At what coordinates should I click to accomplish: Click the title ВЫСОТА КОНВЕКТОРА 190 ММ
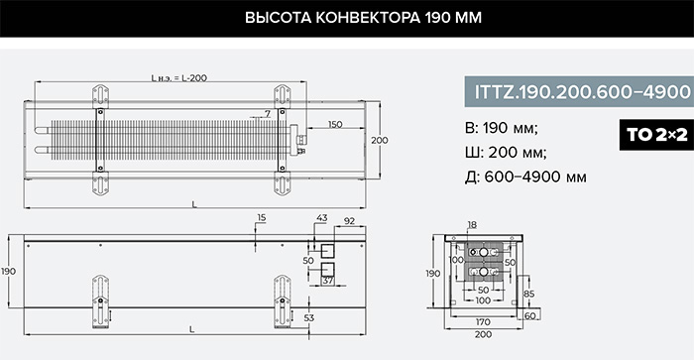(x=363, y=18)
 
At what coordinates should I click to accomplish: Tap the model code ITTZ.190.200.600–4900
(x=583, y=91)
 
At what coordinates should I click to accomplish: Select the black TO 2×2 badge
(x=656, y=135)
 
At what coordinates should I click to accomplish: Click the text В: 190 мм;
(x=502, y=128)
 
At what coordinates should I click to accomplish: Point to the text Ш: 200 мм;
(x=506, y=153)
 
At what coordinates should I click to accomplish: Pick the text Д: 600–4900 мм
(x=525, y=177)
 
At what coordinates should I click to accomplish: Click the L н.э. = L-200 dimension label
(x=178, y=78)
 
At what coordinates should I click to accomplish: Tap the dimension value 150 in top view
(x=335, y=124)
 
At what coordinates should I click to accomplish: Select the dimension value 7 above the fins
(x=268, y=114)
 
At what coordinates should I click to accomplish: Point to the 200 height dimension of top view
(x=380, y=140)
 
